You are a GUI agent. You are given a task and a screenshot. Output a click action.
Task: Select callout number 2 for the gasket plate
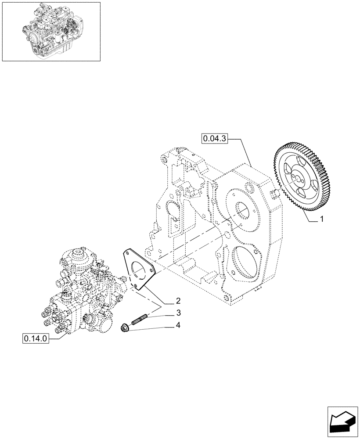click(x=178, y=301)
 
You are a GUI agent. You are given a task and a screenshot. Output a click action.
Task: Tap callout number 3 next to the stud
click(x=178, y=313)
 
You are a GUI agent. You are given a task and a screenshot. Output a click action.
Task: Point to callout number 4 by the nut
click(x=178, y=326)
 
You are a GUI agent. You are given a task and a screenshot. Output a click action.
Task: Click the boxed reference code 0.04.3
click(x=215, y=139)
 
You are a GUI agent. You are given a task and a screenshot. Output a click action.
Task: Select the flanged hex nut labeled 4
click(x=125, y=328)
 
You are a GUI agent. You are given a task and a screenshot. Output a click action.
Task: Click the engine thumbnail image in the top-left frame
click(x=50, y=32)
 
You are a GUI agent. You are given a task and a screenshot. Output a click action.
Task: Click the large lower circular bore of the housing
click(x=244, y=263)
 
